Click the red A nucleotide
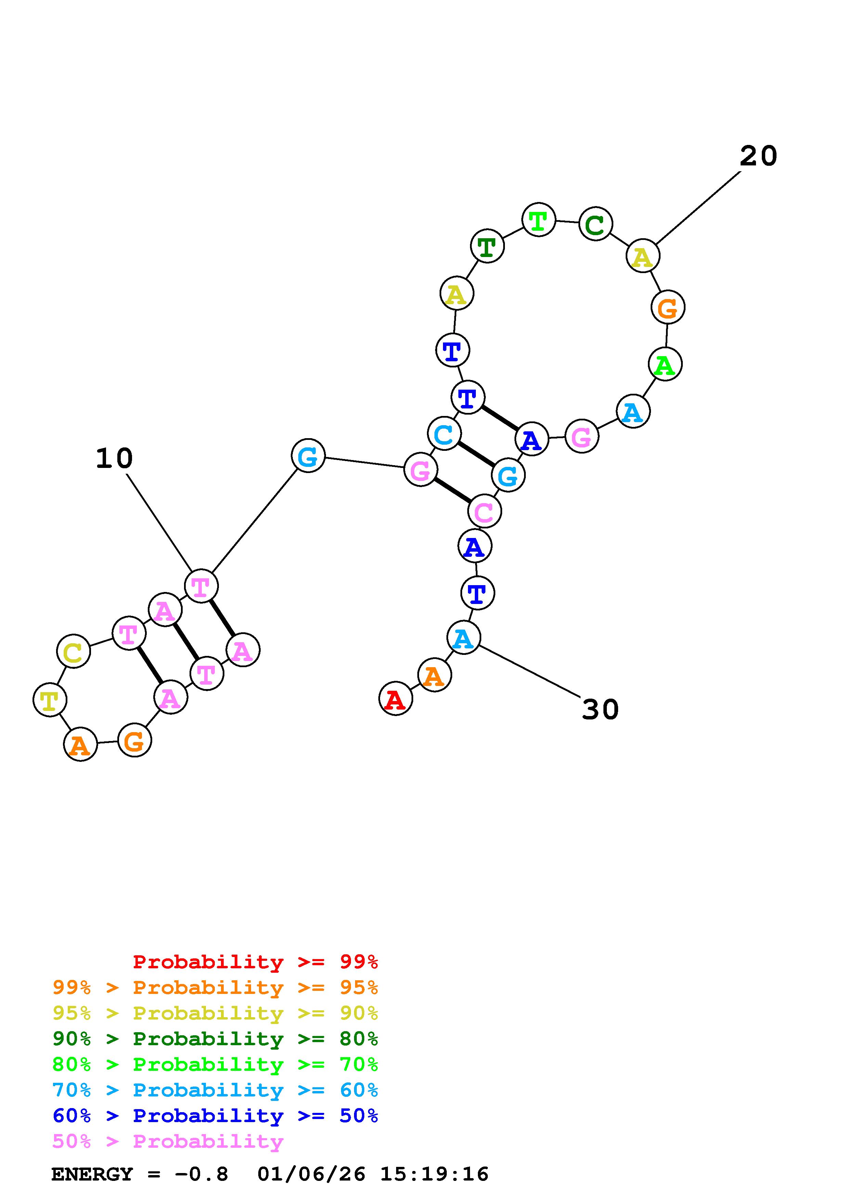pyautogui.click(x=395, y=698)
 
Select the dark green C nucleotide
pyautogui.click(x=595, y=224)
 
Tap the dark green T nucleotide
pyautogui.click(x=487, y=246)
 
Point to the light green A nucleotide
pyautogui.click(x=665, y=364)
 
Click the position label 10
pyautogui.click(x=114, y=458)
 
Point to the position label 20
pyautogui.click(x=758, y=156)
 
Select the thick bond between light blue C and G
pyautogui.click(x=476, y=454)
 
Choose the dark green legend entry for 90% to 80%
pyautogui.click(x=215, y=1039)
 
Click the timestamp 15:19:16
pyautogui.click(x=434, y=1174)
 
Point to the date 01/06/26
pyautogui.click(x=311, y=1174)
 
